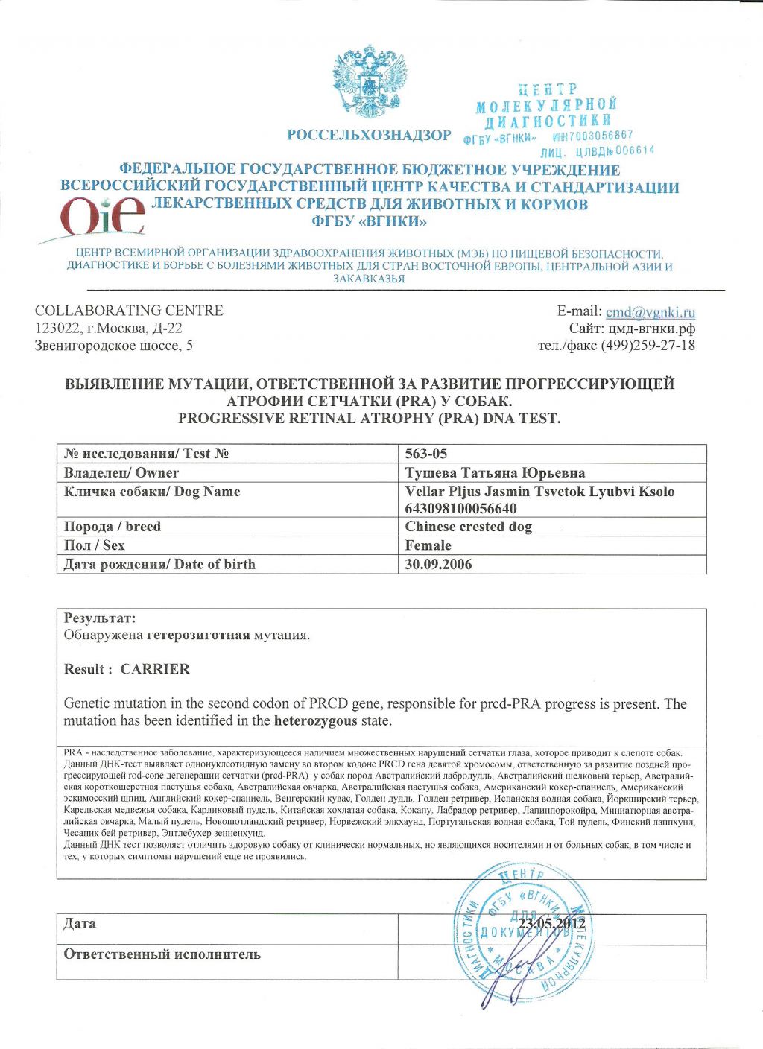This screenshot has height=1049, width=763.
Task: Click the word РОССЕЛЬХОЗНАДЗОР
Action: tap(369, 136)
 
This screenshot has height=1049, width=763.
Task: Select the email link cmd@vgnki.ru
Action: tap(650, 312)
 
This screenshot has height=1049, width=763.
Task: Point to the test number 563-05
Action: tap(426, 454)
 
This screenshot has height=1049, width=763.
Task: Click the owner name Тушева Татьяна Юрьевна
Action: tap(495, 473)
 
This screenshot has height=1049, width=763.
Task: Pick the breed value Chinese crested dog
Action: tap(468, 527)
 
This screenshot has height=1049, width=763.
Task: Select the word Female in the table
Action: tap(428, 545)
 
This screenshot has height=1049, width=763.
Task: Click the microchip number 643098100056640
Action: tap(460, 509)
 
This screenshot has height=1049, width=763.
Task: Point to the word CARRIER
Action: tap(155, 669)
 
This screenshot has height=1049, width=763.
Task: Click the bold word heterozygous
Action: tap(316, 721)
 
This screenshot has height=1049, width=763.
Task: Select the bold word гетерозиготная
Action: tap(198, 636)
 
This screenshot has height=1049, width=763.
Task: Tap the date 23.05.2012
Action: tap(551, 925)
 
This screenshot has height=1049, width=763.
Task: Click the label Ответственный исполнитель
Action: tap(162, 954)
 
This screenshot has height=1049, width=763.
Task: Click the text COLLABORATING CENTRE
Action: tap(129, 311)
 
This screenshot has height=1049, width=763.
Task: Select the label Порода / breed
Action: tap(113, 527)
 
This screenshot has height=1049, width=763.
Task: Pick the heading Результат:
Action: tap(100, 618)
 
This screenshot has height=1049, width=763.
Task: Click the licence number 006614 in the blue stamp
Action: tap(635, 150)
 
